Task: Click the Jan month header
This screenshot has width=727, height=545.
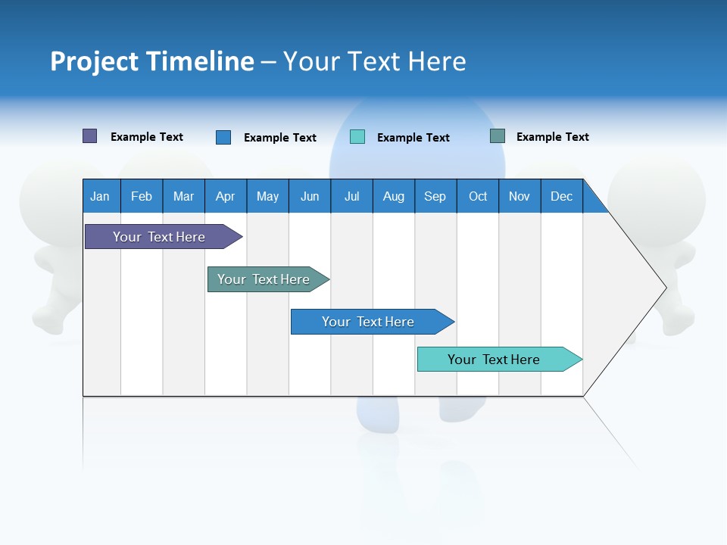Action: click(x=101, y=196)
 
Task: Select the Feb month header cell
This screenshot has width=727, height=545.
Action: click(x=142, y=196)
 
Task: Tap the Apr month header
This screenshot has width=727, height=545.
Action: click(x=226, y=196)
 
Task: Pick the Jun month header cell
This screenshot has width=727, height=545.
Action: click(x=310, y=196)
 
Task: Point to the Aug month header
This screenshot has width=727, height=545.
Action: click(x=394, y=196)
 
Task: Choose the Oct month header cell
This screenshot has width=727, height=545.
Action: click(x=478, y=196)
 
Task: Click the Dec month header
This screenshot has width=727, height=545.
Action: click(x=562, y=196)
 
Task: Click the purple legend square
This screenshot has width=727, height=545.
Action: click(x=90, y=136)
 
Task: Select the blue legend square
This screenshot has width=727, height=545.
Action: click(x=223, y=137)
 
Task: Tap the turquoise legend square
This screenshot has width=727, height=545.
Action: click(x=357, y=137)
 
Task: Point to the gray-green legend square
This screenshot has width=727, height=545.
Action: click(x=498, y=136)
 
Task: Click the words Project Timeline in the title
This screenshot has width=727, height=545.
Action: click(x=151, y=61)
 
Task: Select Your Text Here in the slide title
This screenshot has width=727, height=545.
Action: click(x=374, y=61)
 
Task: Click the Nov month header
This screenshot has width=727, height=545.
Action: click(x=520, y=196)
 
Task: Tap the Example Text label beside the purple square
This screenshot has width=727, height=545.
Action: click(x=147, y=137)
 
